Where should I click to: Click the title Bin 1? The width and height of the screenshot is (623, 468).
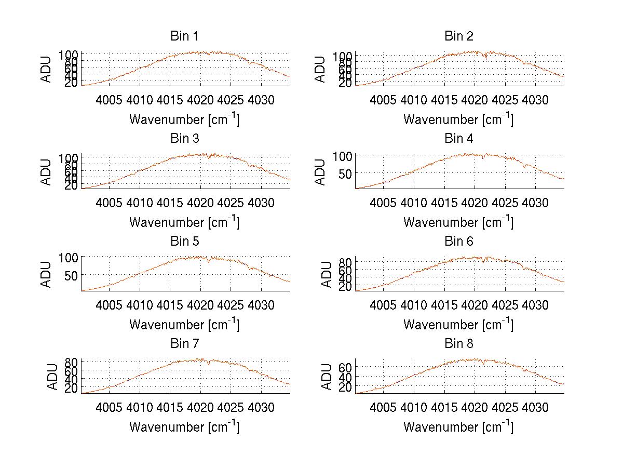click(184, 36)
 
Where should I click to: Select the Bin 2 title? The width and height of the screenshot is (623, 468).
click(459, 36)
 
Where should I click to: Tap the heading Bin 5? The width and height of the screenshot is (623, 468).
click(184, 242)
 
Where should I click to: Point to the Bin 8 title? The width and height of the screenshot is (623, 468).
click(459, 344)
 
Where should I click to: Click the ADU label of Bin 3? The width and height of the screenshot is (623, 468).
click(47, 172)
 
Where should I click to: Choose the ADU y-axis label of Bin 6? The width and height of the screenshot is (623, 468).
click(327, 274)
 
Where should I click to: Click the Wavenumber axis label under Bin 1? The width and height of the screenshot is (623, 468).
click(184, 119)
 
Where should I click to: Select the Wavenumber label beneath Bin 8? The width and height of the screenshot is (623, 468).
click(458, 427)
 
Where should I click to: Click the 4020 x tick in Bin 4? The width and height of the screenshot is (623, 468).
click(474, 202)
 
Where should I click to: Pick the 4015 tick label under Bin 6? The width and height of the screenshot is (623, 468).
click(444, 305)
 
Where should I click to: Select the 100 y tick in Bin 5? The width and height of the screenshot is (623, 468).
click(69, 257)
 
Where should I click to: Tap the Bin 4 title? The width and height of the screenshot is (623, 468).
click(459, 139)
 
